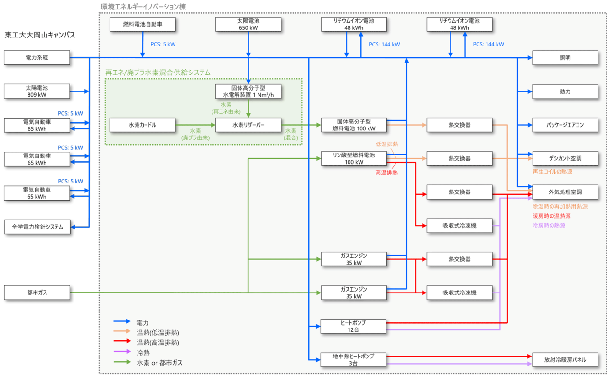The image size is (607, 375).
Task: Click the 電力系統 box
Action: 37,58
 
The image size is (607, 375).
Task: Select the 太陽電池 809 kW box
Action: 37,91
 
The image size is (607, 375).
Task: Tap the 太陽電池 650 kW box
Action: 248,24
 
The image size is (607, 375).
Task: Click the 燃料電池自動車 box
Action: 142,24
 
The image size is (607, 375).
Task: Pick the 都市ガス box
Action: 37,293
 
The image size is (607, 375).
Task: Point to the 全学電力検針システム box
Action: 37,227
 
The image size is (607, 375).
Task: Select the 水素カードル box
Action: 142,125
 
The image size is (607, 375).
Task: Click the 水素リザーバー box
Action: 248,125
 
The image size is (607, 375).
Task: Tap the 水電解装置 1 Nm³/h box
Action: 248,91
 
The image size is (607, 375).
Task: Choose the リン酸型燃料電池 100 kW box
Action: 354,159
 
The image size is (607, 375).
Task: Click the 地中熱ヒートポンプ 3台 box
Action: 354,360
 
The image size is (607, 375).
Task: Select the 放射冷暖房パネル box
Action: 565,360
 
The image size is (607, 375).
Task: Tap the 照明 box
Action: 565,58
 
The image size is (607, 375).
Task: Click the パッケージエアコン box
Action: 565,125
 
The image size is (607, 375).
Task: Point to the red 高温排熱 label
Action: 386,173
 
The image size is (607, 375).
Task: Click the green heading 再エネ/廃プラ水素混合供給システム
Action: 158,73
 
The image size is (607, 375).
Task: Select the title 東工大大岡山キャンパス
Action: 40,35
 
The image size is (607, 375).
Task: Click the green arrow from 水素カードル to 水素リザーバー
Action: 195,125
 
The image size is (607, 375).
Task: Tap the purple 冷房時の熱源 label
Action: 549,225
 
